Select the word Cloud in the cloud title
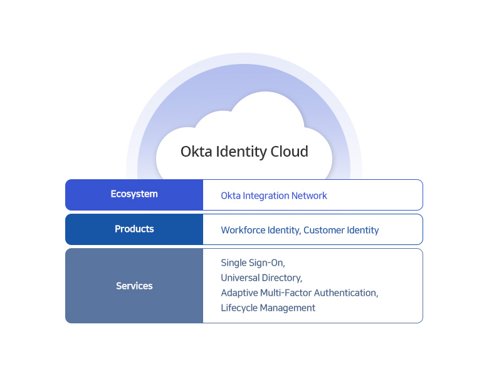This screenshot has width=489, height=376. tap(289, 152)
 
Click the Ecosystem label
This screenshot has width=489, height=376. tap(134, 194)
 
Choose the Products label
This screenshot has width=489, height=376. tap(134, 229)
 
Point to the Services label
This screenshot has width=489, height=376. tap(134, 286)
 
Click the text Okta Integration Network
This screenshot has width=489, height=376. tap(274, 196)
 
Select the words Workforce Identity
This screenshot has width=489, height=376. tap(260, 230)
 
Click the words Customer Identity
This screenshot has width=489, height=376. tap(341, 230)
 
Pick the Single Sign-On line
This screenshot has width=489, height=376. tap(253, 263)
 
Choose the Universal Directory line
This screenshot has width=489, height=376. tap(261, 278)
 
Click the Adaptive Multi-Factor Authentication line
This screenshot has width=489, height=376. tap(300, 293)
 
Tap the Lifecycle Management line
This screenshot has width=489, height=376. tap(268, 308)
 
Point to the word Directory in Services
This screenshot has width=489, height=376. tap(281, 278)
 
